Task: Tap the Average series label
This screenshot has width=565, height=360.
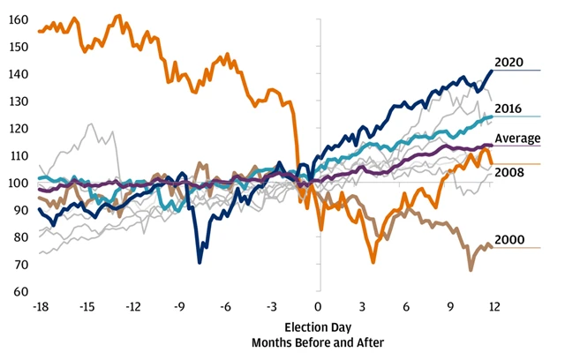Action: pos(517,139)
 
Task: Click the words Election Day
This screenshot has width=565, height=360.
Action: pos(319,326)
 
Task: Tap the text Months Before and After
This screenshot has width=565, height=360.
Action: pos(319,341)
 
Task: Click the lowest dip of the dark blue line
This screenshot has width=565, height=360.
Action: pos(200,262)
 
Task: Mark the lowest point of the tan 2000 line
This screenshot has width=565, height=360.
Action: pos(471,268)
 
